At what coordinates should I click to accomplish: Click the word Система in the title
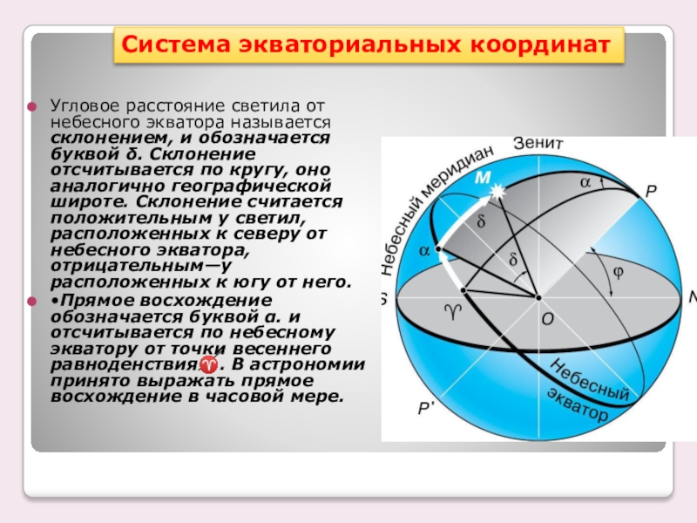coord(176,45)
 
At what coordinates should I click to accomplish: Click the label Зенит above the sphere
coord(538,143)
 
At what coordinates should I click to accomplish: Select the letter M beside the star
coord(483,178)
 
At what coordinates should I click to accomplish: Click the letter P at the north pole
coord(651,191)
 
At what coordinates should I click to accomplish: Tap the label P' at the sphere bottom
coord(426,408)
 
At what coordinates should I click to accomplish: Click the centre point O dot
coord(538,297)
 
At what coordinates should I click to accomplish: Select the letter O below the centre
coord(548,318)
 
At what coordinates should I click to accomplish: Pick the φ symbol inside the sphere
coord(618,271)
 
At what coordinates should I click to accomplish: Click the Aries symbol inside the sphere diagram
coord(453,312)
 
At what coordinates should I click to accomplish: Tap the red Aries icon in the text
coord(208,364)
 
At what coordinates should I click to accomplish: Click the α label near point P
coord(585,182)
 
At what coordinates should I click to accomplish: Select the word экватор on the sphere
coord(577,404)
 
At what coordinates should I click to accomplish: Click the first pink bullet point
coord(32,106)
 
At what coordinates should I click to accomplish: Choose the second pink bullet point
coord(32,302)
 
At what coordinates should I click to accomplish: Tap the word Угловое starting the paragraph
coord(85,106)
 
